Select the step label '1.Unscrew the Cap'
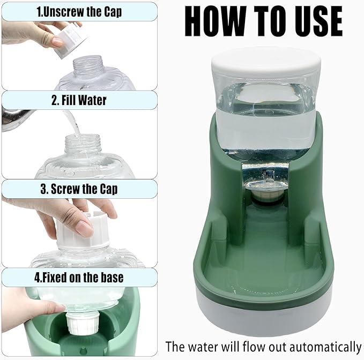point(79,12)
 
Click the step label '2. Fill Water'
point(79,100)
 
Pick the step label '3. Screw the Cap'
point(79,189)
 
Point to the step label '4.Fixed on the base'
point(79,277)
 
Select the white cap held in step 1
point(69,41)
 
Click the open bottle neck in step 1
point(87,63)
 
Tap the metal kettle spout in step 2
point(16,119)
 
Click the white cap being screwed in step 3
point(83,230)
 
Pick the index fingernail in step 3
point(84,228)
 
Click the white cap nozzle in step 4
point(83,323)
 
